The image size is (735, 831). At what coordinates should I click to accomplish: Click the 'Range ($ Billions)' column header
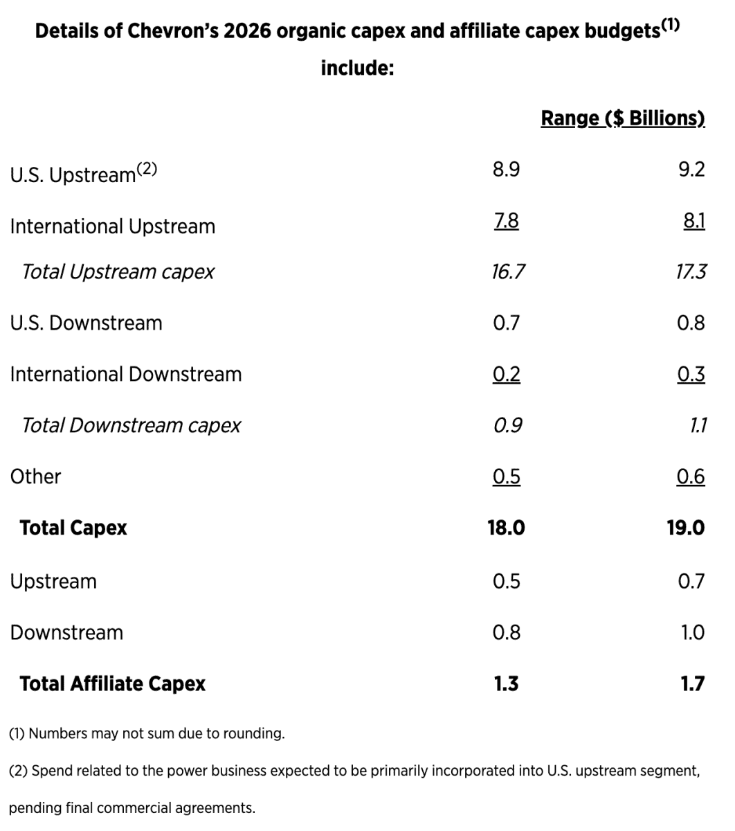coord(622,118)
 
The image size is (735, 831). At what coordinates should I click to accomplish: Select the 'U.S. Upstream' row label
coord(73,175)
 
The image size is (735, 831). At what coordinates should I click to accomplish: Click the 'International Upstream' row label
coord(112,226)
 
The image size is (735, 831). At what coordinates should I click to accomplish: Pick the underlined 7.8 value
coord(506,221)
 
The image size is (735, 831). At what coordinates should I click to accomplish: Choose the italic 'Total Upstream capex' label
coord(118,271)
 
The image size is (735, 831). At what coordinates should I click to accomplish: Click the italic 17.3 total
coord(691,271)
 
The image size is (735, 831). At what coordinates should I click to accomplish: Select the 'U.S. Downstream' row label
coord(86,323)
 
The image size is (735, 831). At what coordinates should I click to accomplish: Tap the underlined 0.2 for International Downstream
coord(506,374)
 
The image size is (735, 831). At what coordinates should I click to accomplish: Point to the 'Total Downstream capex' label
coord(131,425)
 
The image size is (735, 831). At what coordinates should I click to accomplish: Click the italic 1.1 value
coord(698,425)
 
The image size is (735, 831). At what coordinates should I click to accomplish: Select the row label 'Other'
coord(35,476)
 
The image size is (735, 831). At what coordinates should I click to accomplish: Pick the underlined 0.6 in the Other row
coord(691,476)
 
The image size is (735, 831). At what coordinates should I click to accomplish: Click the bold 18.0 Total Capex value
coord(506,528)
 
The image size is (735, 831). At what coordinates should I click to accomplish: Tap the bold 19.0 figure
coord(685,528)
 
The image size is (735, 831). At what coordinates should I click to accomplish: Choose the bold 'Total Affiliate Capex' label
coord(112,684)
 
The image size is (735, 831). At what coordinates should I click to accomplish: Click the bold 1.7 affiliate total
coord(692,684)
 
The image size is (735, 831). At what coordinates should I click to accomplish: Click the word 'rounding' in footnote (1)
coord(256,733)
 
